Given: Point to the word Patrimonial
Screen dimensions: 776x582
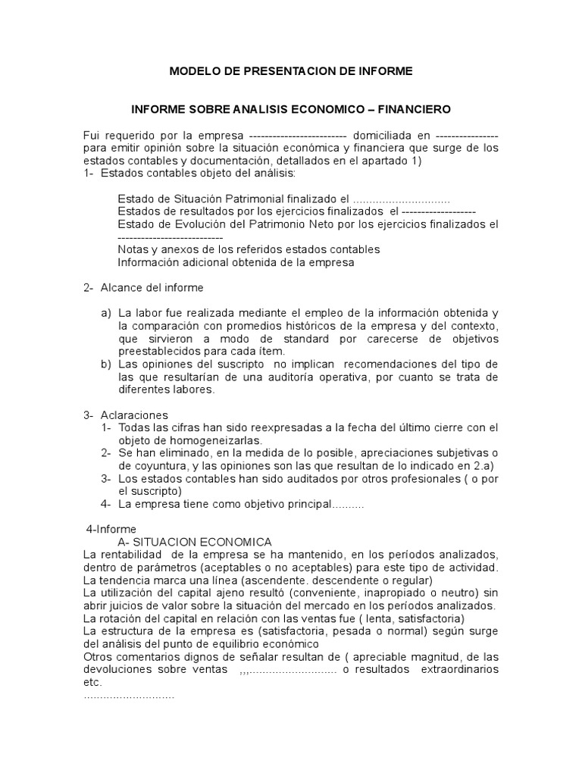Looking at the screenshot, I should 264,199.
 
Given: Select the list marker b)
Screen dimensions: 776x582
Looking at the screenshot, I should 106,365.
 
